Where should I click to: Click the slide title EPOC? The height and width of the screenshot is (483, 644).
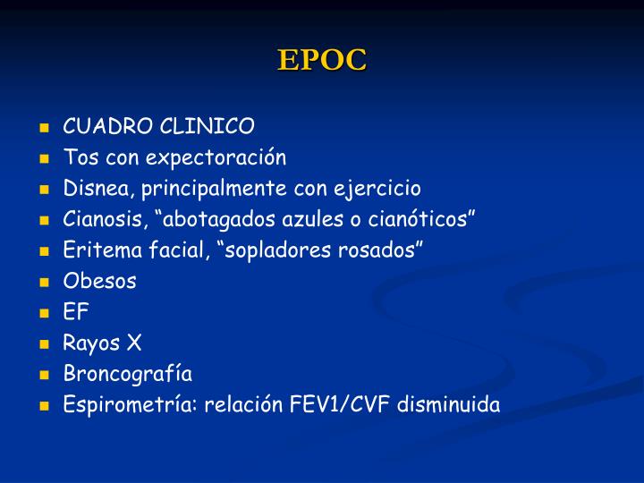click(x=322, y=59)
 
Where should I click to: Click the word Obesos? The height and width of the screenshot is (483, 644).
click(x=99, y=282)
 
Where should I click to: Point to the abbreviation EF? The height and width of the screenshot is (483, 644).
click(x=76, y=312)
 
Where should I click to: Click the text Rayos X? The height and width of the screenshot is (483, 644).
click(x=102, y=343)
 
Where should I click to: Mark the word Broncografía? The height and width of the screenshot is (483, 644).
click(x=127, y=374)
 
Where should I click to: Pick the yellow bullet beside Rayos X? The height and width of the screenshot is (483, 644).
click(x=44, y=344)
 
